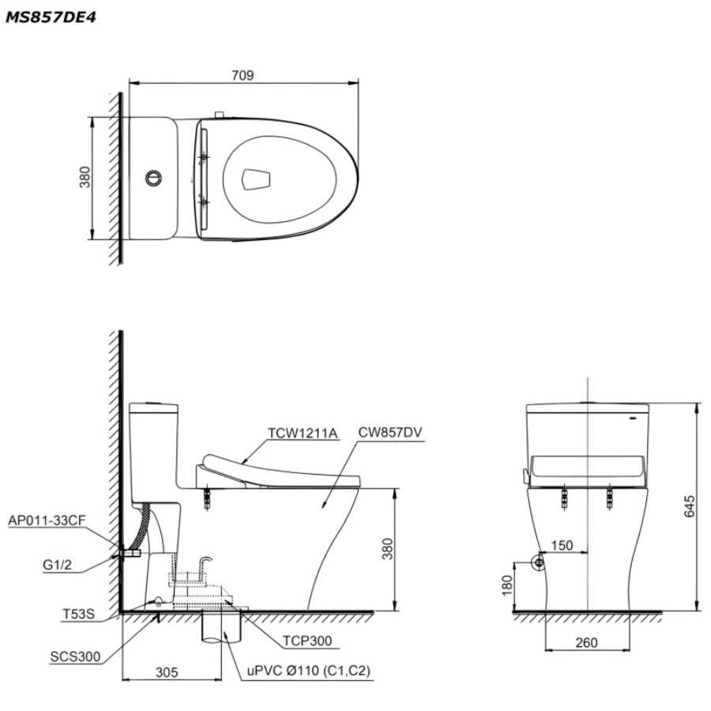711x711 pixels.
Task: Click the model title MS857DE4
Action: click(51, 17)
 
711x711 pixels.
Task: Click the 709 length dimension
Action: click(243, 75)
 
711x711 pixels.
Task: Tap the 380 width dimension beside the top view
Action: click(85, 177)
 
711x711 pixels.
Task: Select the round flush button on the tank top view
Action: click(154, 178)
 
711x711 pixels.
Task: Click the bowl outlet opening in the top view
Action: click(256, 179)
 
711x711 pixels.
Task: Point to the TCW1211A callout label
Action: click(303, 434)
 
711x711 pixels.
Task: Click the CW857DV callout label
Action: click(390, 432)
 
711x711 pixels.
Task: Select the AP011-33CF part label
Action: click(47, 520)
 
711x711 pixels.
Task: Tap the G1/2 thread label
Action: click(57, 565)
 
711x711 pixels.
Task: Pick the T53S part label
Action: click(78, 614)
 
